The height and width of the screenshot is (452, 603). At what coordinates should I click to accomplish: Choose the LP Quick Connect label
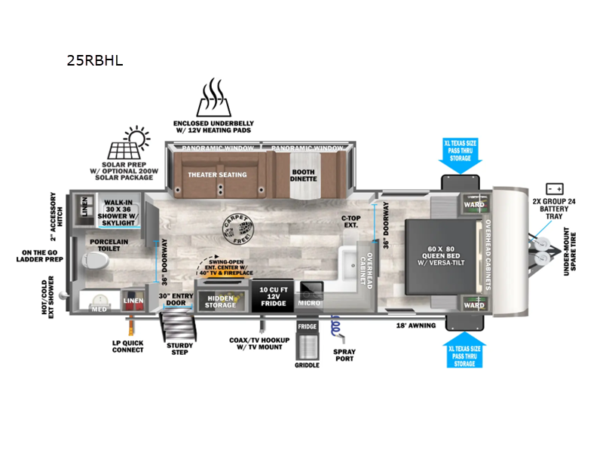128,345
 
